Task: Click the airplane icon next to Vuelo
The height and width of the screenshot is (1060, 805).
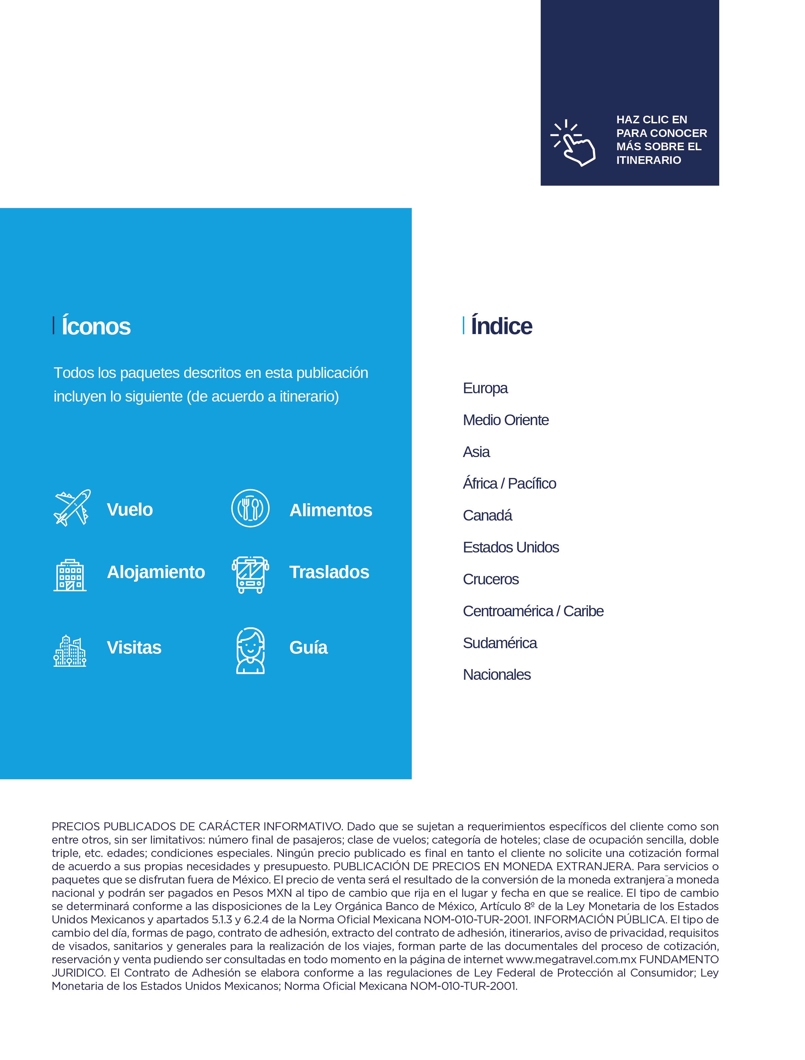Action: [x=72, y=508]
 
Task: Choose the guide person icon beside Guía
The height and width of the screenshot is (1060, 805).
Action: [x=250, y=651]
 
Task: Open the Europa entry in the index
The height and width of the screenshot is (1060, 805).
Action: [x=485, y=388]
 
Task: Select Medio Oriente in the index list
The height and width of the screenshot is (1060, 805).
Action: [x=505, y=420]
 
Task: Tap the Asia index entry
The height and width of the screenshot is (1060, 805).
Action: [x=476, y=452]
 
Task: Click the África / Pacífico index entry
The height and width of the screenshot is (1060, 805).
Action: [x=509, y=484]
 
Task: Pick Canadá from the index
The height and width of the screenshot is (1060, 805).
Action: [x=487, y=516]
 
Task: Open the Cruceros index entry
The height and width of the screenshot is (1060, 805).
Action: [x=490, y=579]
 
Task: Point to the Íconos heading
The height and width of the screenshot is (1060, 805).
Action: [x=96, y=326]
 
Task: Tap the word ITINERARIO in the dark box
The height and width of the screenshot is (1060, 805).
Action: [x=648, y=160]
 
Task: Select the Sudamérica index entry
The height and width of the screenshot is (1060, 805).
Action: [x=499, y=643]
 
